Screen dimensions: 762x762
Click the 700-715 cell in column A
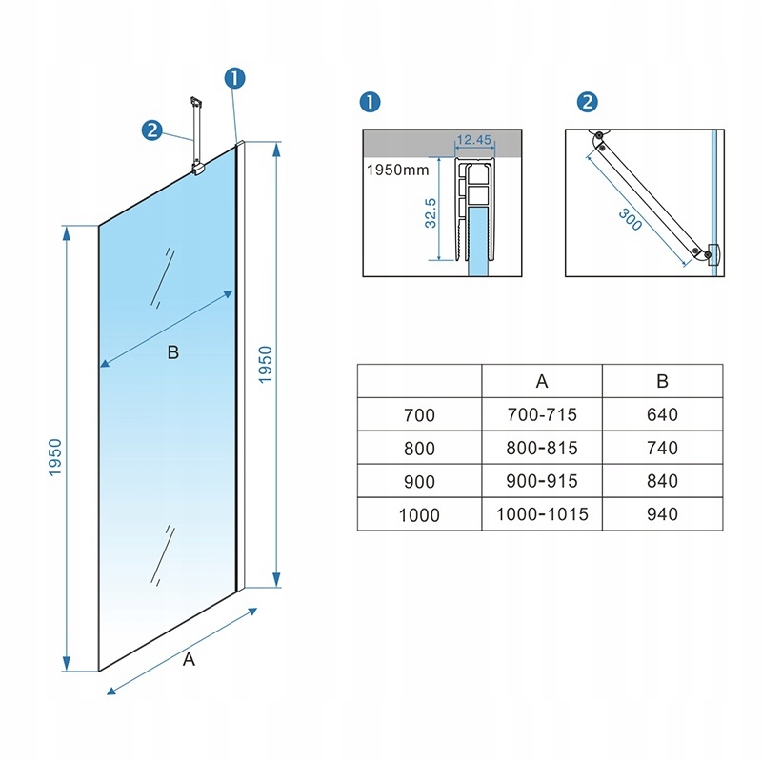(542, 414)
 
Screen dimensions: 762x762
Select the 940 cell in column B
(661, 513)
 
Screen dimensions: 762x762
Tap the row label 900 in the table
(419, 481)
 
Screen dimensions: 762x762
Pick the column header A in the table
(542, 381)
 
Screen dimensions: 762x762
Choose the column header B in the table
(662, 381)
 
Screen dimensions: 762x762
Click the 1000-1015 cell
(542, 513)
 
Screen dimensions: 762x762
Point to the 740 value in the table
(661, 448)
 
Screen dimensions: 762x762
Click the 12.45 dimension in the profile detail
(473, 140)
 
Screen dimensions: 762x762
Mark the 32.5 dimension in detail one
(431, 212)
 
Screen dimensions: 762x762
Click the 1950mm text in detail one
(396, 170)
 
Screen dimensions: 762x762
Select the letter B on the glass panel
(172, 353)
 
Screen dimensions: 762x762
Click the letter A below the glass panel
(189, 659)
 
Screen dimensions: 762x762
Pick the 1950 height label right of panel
(266, 364)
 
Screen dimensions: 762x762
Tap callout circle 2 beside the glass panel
(152, 130)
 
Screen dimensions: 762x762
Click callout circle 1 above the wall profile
(235, 79)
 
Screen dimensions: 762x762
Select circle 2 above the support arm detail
(587, 103)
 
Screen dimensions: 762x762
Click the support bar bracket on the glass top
(198, 170)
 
